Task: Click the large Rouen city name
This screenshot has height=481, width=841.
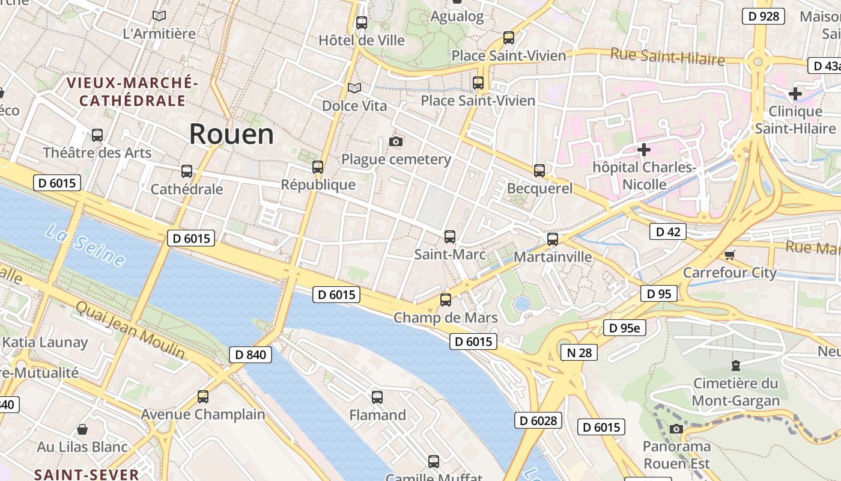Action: pos(231,134)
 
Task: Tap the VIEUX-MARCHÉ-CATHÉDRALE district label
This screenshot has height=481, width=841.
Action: pos(132,91)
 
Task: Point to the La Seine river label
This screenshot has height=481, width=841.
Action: pos(84,245)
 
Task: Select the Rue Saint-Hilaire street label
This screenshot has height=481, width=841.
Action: pos(667,57)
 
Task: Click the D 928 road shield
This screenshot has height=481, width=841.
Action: pos(764,16)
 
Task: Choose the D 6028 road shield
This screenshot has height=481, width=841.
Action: pos(538,420)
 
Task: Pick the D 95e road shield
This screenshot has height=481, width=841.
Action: pos(625,328)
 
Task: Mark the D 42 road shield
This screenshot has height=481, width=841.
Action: pos(667,231)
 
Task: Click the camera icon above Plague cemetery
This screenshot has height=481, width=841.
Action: pos(395,142)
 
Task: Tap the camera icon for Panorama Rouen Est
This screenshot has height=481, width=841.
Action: pos(676,429)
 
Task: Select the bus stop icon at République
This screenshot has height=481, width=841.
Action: pos(318,167)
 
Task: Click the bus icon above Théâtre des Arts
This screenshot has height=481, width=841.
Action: pos(97,135)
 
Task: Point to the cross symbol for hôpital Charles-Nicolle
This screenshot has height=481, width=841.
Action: pos(644,149)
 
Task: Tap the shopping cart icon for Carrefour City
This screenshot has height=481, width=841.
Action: pos(730,255)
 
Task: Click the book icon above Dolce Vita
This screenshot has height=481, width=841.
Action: pos(354,88)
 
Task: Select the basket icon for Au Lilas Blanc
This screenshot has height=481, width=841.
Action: pos(82,429)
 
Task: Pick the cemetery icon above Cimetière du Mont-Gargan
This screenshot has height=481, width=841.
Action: pos(735,365)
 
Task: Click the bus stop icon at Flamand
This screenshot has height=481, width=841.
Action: pos(377,397)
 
